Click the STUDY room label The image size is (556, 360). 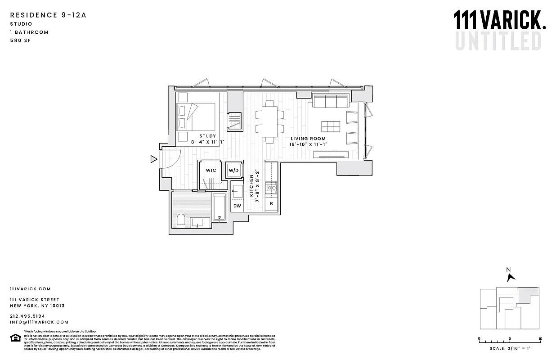coord(207,136)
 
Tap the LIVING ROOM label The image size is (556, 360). coord(308,139)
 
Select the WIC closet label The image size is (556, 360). coord(211,171)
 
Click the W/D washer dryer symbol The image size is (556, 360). coord(233,171)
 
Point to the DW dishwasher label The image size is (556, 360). coord(237,206)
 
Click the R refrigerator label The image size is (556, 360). coord(271,204)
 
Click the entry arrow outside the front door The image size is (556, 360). coord(153,158)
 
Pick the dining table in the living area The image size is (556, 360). coord(270,120)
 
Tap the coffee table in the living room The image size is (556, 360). coord(331,126)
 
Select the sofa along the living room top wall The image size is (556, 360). coord(331,102)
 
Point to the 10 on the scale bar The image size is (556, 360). coord(540,339)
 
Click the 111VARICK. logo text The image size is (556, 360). coord(499,21)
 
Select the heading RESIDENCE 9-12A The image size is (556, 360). coord(48,15)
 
